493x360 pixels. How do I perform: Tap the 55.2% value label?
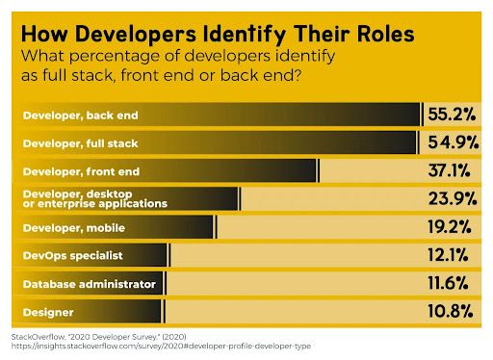click(x=452, y=116)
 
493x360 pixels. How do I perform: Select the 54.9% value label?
click(x=452, y=142)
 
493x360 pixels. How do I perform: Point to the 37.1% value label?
click(x=452, y=170)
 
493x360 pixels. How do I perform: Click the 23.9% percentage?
click(x=452, y=199)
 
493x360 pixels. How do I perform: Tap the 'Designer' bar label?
click(x=42, y=313)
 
